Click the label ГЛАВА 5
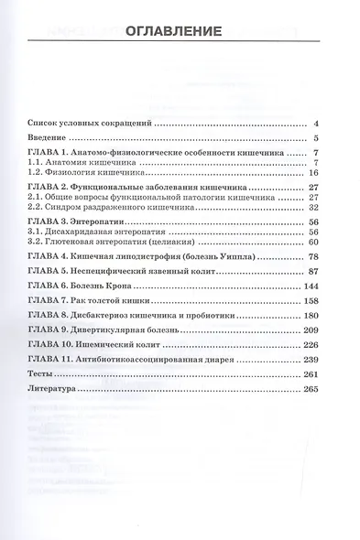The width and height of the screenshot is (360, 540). point(47,273)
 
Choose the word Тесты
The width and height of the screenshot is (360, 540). point(41,373)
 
